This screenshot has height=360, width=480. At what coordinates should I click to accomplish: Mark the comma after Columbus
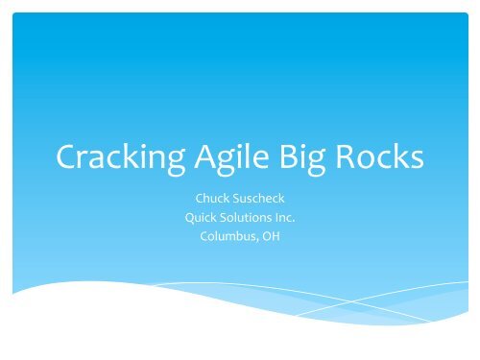point(260,238)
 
